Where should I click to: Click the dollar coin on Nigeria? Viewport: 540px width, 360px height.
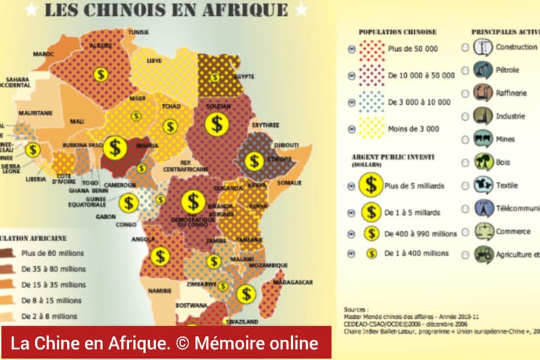tap(115, 148)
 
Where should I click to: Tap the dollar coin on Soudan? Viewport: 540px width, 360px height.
tap(217, 123)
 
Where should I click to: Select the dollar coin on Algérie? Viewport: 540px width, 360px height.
tap(100, 74)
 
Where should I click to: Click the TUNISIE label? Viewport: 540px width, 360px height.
tap(138, 32)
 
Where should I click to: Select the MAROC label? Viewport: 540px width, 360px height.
tap(44, 53)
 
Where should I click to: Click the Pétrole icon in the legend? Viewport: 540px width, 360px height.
tap(483, 70)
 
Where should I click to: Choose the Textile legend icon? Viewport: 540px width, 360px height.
tap(483, 185)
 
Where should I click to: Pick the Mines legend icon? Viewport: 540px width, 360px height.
tap(483, 139)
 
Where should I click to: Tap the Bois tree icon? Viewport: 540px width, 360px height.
tap(483, 162)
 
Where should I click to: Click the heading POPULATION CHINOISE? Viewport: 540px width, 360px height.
tap(397, 31)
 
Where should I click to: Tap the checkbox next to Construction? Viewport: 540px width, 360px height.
tap(465, 47)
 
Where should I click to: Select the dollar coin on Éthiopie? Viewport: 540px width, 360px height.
tap(254, 161)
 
